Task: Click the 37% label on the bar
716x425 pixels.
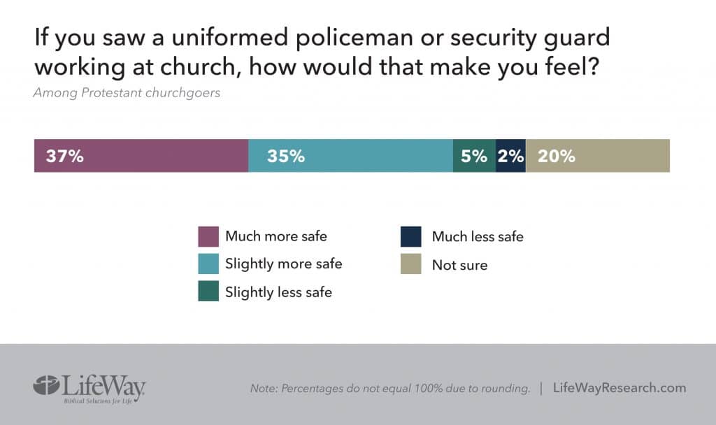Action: [65, 156]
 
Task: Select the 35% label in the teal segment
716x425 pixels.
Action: [285, 156]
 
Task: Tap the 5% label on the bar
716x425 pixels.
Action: [474, 156]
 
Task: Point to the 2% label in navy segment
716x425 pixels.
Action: [510, 156]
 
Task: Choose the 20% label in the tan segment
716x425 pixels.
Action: [557, 156]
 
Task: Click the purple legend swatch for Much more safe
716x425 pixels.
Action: [208, 236]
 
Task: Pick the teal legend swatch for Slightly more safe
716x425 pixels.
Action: [208, 264]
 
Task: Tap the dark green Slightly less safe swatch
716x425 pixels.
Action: [208, 291]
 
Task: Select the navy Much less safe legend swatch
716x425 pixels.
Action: [410, 236]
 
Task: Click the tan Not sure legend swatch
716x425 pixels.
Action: [410, 264]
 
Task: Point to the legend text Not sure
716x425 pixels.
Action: [459, 265]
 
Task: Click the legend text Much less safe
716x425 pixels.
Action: [478, 237]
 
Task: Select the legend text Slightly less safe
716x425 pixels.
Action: [278, 293]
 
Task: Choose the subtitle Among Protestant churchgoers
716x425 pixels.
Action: [127, 93]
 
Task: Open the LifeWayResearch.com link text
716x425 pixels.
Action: [620, 388]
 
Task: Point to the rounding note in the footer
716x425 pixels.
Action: [390, 389]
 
